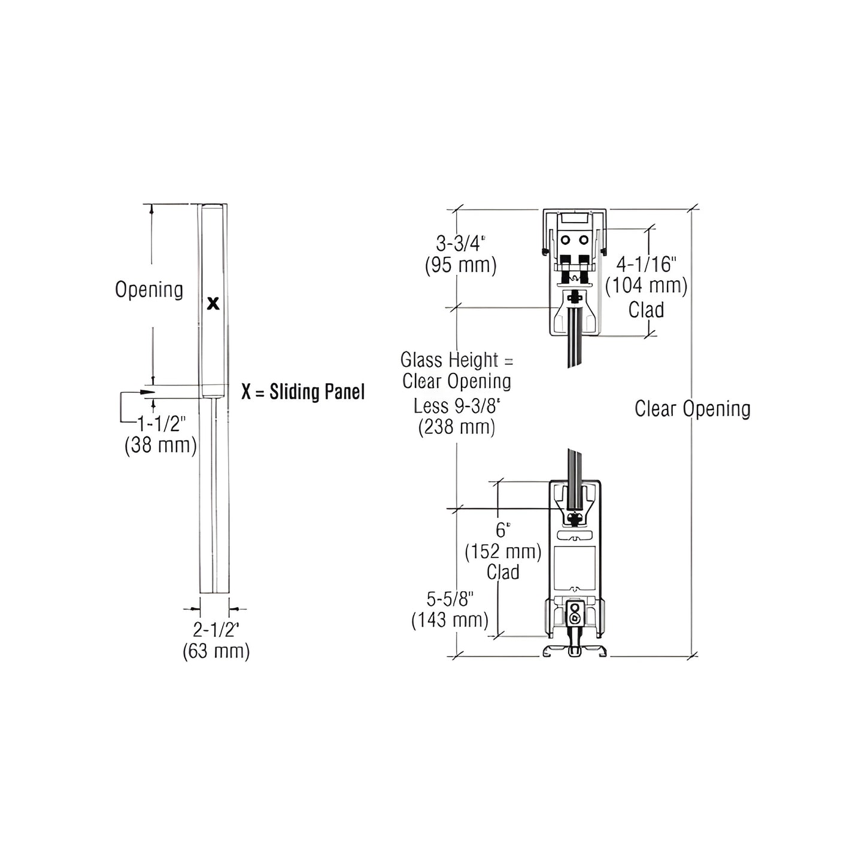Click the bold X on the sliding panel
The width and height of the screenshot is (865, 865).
pyautogui.click(x=213, y=303)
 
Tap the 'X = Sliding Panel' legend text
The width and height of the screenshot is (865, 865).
pyautogui.click(x=303, y=392)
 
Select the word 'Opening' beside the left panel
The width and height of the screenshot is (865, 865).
pyautogui.click(x=149, y=290)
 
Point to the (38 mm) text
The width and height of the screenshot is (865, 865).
pyautogui.click(x=160, y=445)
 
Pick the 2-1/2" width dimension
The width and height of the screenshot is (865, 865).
pyautogui.click(x=216, y=630)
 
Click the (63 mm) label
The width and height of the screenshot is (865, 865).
pyautogui.click(x=216, y=651)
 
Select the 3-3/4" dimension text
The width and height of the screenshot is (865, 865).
pyautogui.click(x=460, y=244)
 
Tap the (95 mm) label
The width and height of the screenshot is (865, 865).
pyautogui.click(x=460, y=265)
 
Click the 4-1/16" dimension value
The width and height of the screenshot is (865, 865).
pyautogui.click(x=647, y=264)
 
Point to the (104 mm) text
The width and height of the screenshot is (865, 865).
pyautogui.click(x=647, y=286)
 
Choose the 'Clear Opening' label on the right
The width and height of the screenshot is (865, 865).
pyautogui.click(x=692, y=409)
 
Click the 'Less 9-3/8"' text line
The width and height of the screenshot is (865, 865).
pyautogui.click(x=457, y=406)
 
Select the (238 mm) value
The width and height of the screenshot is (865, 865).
pyautogui.click(x=457, y=427)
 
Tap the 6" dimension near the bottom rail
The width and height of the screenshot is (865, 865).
pyautogui.click(x=503, y=530)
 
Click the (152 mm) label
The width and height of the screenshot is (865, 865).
pyautogui.click(x=503, y=551)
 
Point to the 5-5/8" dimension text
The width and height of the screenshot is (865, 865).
pyautogui.click(x=450, y=599)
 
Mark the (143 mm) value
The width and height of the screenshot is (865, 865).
pyautogui.click(x=450, y=620)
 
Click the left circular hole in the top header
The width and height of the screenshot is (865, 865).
pyautogui.click(x=565, y=240)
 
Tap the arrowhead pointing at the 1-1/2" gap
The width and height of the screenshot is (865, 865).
pyautogui.click(x=147, y=392)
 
